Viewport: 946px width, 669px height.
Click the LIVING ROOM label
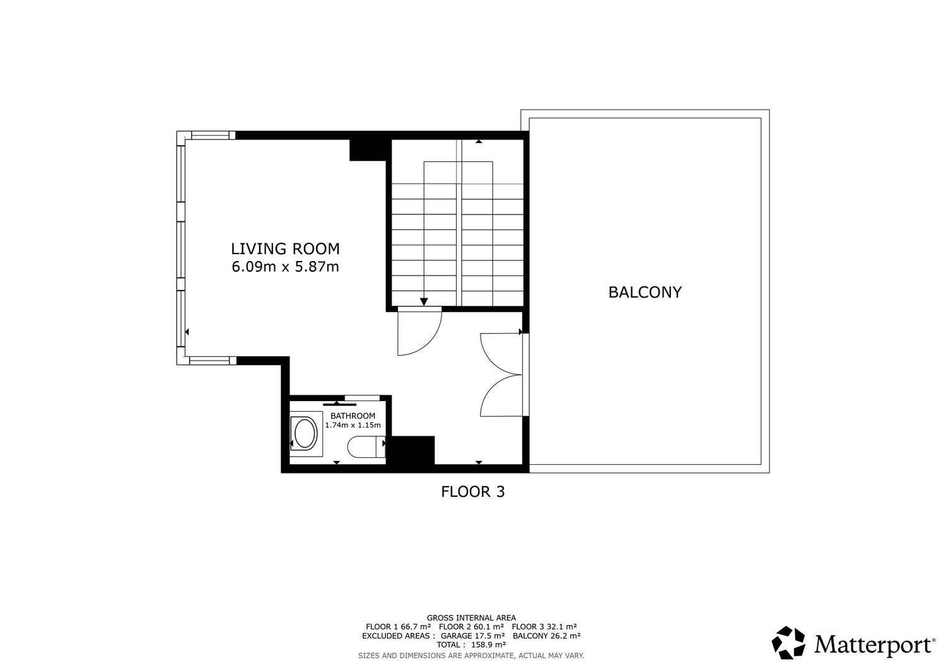(285, 249)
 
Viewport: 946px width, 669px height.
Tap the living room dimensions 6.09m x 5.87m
(285, 267)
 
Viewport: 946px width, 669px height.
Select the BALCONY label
(645, 293)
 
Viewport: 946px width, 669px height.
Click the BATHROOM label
(353, 416)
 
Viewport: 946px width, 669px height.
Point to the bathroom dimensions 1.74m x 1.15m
(353, 425)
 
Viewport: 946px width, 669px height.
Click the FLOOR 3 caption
(472, 492)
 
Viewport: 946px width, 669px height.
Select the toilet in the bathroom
(366, 447)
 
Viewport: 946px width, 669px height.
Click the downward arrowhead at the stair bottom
(424, 301)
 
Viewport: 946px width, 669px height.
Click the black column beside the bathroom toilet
(411, 450)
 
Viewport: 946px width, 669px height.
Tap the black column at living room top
(368, 149)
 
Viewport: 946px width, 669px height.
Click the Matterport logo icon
(788, 643)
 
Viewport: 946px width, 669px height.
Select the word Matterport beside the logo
(875, 645)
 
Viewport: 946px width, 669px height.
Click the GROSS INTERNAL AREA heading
(471, 618)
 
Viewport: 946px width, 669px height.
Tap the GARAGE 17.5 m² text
(472, 636)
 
